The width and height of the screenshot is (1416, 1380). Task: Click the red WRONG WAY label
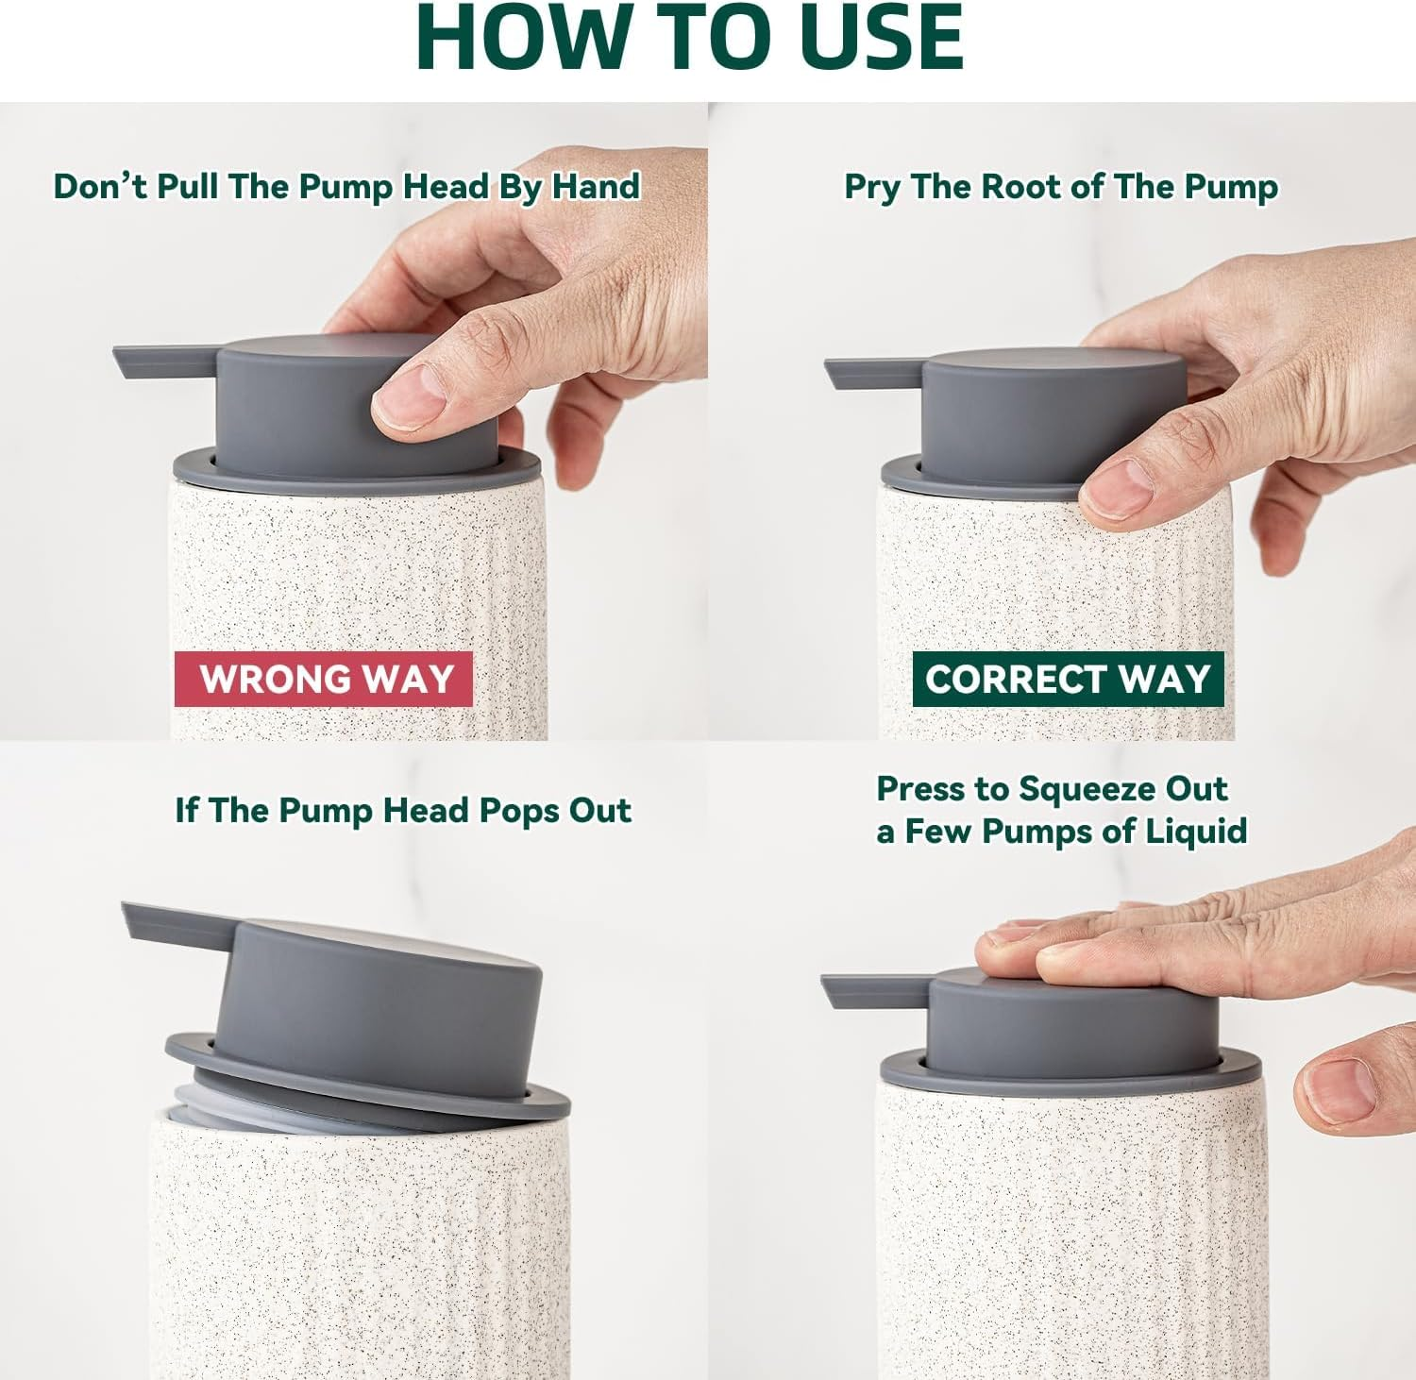323,679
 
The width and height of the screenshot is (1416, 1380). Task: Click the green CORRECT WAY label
1068,679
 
